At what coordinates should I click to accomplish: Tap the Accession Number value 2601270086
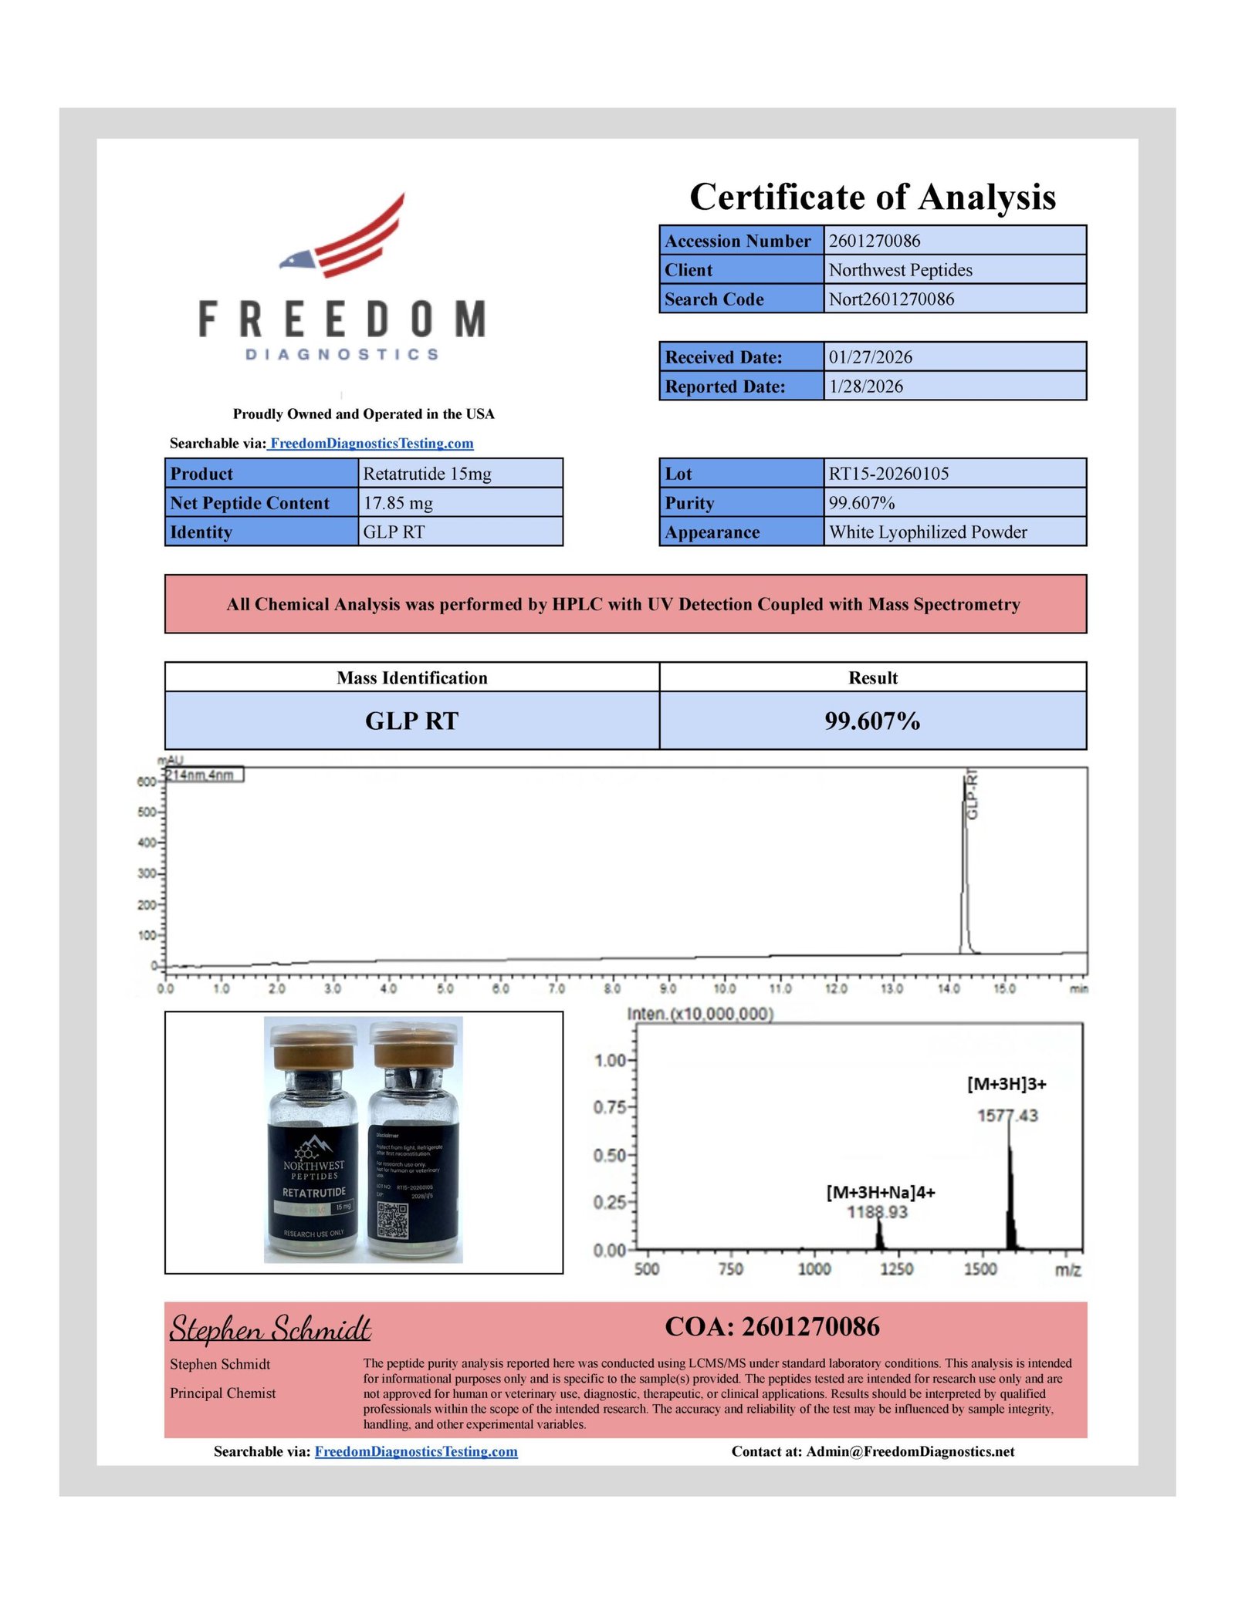click(x=874, y=241)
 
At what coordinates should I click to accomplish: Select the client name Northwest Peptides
click(x=900, y=270)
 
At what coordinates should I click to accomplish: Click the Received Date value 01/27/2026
click(x=870, y=357)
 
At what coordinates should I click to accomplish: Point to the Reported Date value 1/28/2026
click(x=865, y=387)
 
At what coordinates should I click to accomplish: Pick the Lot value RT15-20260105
click(x=888, y=474)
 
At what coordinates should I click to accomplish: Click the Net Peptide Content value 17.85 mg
click(x=398, y=503)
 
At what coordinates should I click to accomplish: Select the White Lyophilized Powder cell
click(x=927, y=532)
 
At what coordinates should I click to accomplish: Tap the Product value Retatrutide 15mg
click(x=427, y=474)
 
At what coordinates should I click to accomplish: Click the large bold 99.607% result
click(x=872, y=721)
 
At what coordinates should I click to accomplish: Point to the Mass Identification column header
click(x=411, y=677)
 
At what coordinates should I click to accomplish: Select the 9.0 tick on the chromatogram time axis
click(x=668, y=988)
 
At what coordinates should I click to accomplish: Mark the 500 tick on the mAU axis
click(x=147, y=812)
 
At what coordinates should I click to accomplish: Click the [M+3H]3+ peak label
click(x=1007, y=1084)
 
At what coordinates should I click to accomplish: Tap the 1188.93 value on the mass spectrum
click(x=877, y=1212)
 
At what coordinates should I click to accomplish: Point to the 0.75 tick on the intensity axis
click(x=609, y=1108)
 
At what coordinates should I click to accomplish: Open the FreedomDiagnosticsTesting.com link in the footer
click(x=416, y=1452)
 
